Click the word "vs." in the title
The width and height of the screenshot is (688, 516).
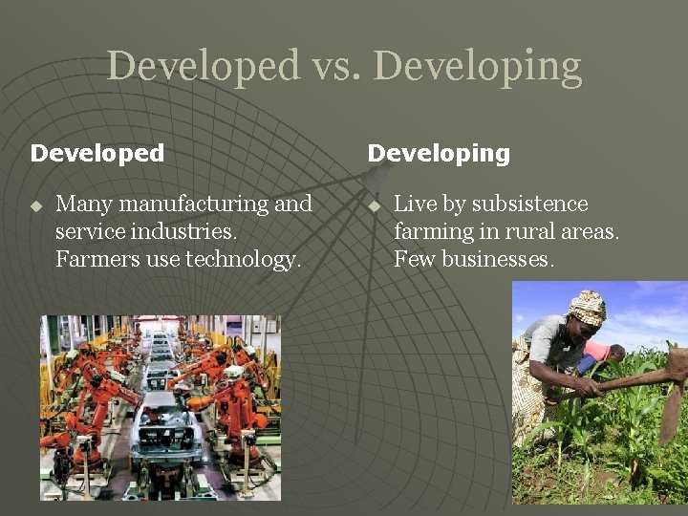335,67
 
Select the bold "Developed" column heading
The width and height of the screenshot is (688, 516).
97,153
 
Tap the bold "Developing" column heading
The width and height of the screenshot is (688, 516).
439,153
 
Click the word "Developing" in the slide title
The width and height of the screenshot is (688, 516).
477,67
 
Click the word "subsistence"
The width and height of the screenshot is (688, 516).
530,204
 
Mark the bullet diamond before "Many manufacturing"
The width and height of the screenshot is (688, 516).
36,205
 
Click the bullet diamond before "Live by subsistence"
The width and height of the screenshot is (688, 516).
375,205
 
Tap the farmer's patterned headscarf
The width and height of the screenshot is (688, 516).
586,308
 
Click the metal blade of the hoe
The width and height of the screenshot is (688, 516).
673,401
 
